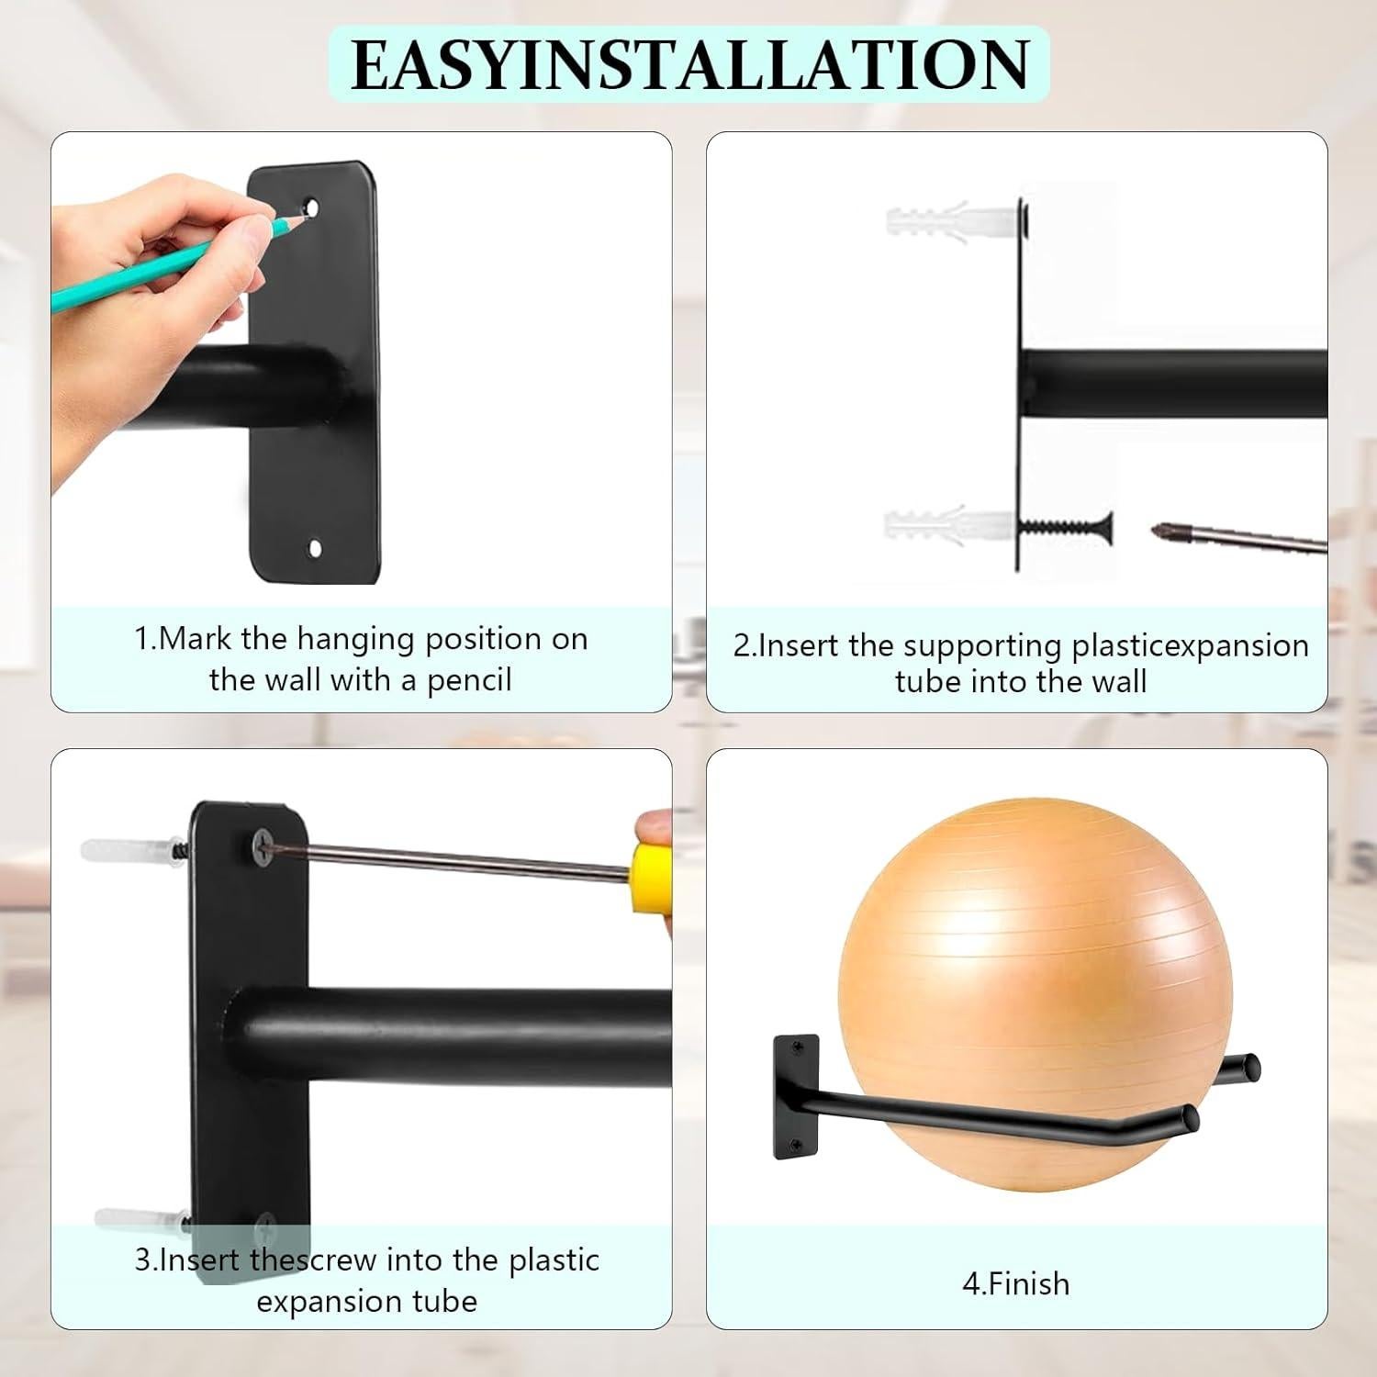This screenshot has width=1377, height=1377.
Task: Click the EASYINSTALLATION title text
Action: coord(689,64)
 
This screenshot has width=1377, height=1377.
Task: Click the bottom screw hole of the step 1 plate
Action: coord(315,549)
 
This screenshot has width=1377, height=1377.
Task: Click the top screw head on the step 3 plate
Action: coord(263,842)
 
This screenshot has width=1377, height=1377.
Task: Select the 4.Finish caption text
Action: coord(1016,1282)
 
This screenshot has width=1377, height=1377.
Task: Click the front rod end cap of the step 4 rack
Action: coord(1191,1119)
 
